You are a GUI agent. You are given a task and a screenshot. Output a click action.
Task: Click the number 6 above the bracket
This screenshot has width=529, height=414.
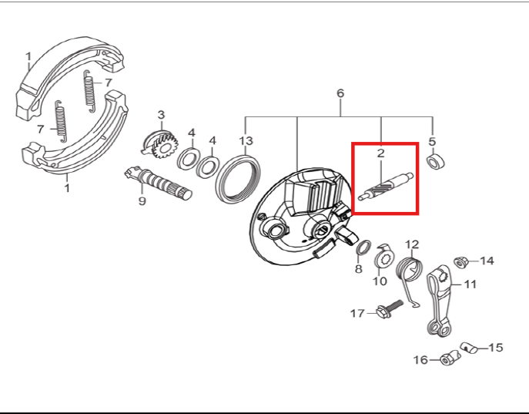340,93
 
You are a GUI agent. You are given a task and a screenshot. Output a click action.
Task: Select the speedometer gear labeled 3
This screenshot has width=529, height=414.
159,144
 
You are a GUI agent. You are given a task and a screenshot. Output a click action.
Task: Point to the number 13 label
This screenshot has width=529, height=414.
246,140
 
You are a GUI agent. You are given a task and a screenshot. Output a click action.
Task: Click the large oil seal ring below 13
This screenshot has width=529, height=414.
239,179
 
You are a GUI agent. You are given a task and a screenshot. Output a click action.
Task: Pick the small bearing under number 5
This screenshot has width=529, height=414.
436,162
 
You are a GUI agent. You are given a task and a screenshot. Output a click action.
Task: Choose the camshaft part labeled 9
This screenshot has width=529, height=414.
158,183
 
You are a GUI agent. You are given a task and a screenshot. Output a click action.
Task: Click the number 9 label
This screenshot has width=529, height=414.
142,201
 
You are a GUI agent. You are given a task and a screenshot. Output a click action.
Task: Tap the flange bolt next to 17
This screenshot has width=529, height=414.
389,308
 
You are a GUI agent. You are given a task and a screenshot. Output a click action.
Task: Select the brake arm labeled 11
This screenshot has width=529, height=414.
439,301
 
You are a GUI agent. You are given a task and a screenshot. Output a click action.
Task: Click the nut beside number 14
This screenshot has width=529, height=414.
459,262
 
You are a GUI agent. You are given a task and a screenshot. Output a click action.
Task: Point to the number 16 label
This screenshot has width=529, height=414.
420,360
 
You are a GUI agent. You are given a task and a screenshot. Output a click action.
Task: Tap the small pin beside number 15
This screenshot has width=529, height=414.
468,348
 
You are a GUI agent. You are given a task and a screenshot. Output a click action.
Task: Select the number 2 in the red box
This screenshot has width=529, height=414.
380,153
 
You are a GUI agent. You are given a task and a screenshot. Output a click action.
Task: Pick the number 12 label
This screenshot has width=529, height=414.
412,244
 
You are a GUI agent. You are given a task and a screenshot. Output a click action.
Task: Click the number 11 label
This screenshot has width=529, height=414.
470,284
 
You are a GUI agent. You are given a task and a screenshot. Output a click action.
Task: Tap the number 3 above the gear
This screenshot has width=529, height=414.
161,115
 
